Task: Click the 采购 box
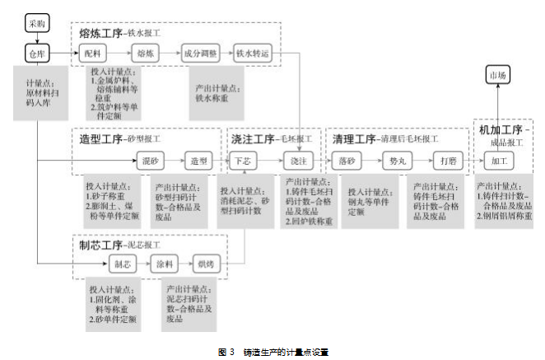pyautogui.click(x=36, y=24)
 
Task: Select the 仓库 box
pyautogui.click(x=36, y=54)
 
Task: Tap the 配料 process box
pyautogui.click(x=93, y=54)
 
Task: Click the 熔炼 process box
pyautogui.click(x=146, y=54)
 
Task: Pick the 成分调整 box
pyautogui.click(x=199, y=54)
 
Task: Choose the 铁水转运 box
pyautogui.click(x=252, y=54)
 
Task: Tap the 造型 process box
pyautogui.click(x=198, y=161)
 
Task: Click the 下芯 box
pyautogui.click(x=244, y=161)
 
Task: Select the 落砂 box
pyautogui.click(x=347, y=161)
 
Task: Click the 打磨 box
pyautogui.click(x=447, y=161)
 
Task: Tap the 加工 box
pyautogui.click(x=499, y=161)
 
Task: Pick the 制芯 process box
pyautogui.click(x=122, y=265)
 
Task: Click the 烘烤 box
pyautogui.click(x=205, y=265)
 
